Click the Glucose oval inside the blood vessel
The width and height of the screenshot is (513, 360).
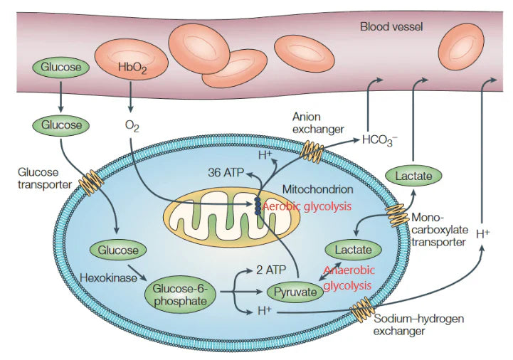[60, 68]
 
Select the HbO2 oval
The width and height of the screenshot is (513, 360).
[131, 68]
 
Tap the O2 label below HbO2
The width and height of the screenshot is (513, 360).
[131, 126]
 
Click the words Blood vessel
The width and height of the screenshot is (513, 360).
[391, 27]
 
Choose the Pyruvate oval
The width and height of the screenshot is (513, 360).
[295, 291]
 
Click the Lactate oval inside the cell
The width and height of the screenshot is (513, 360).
[353, 250]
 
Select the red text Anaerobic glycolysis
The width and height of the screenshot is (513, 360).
[347, 277]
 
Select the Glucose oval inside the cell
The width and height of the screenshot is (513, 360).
[118, 250]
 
